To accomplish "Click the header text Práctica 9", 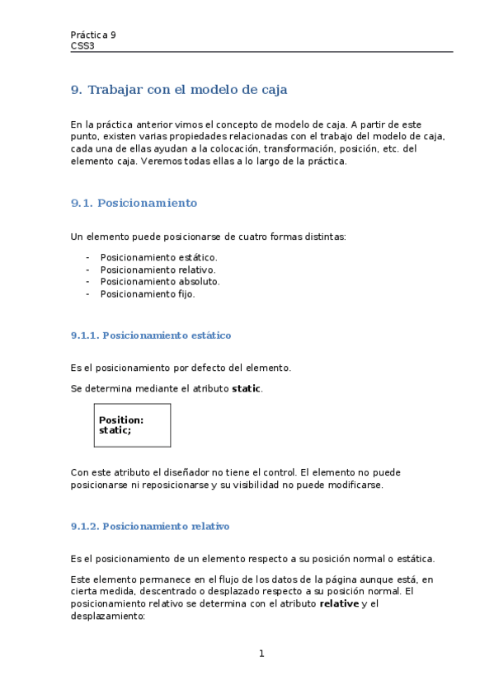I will pos(93,35).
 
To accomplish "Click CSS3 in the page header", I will pos(82,46).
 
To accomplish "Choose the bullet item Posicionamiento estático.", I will pos(158,257).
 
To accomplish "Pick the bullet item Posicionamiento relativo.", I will pos(158,270).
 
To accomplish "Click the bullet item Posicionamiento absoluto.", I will pos(160,281).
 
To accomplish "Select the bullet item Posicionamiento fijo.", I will pos(148,293).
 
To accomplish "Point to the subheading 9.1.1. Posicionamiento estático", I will pos(151,335).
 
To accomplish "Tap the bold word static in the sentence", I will pos(247,388).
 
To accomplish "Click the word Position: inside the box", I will pos(121,420).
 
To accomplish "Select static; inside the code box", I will pos(115,430).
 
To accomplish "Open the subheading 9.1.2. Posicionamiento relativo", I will pos(150,526).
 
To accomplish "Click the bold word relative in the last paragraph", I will pos(339,603).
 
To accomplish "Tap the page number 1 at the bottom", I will pos(261,654).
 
